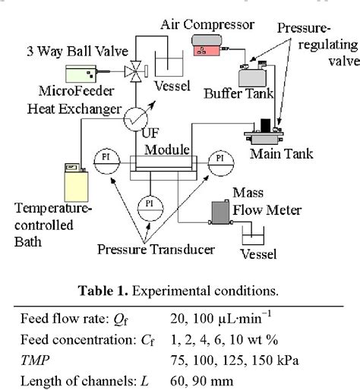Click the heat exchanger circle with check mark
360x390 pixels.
coord(137,117)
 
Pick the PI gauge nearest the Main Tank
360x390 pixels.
coord(219,159)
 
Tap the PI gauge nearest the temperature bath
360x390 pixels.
coord(106,159)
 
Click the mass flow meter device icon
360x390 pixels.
coord(221,212)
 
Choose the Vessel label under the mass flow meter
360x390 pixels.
coord(259,254)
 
